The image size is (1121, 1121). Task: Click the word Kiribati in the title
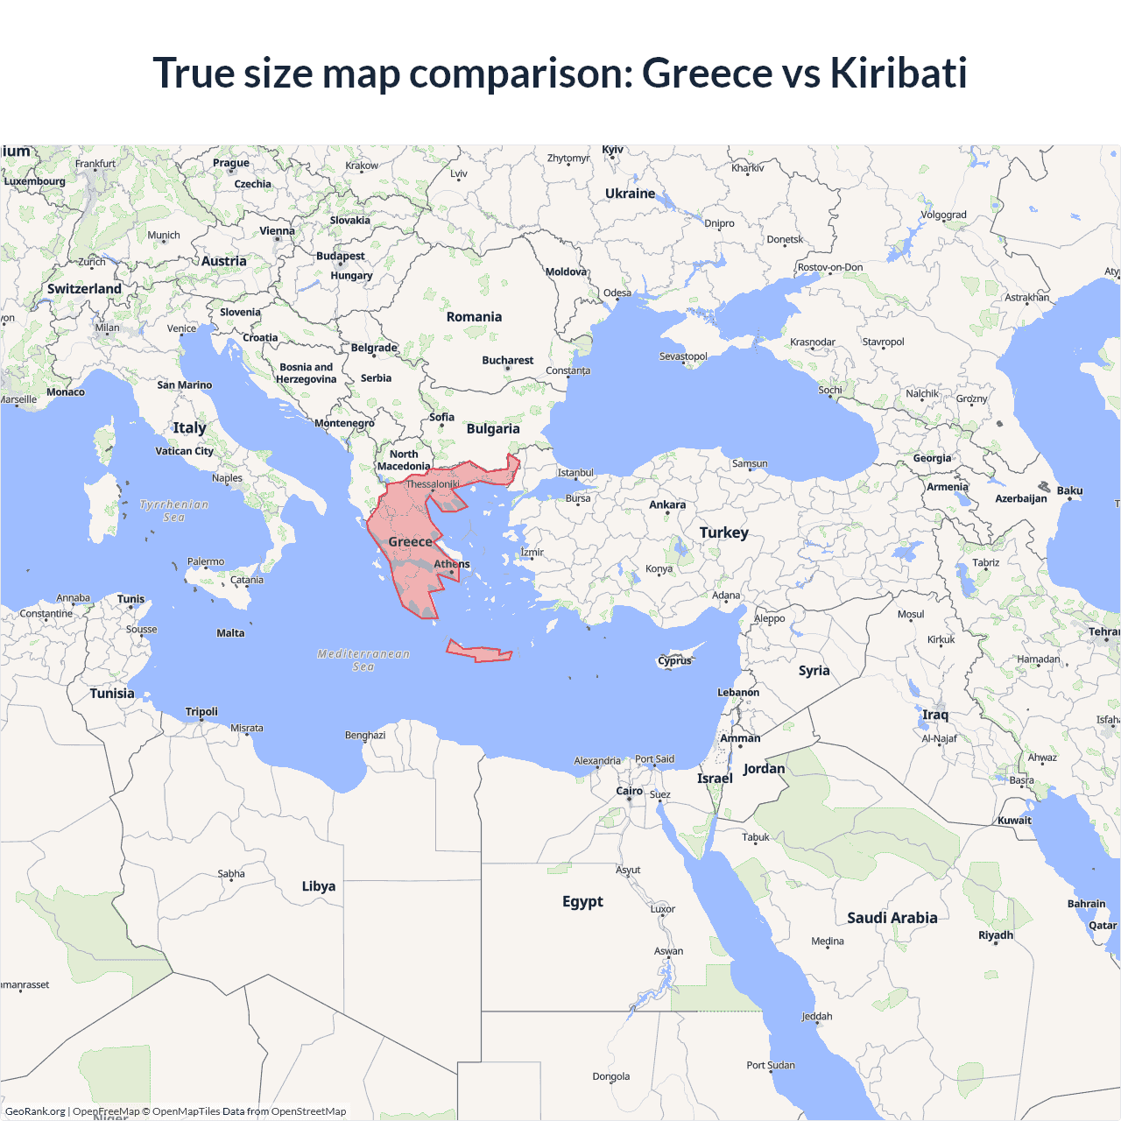[898, 73]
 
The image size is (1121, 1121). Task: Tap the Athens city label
[452, 564]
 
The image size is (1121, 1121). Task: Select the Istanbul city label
[575, 473]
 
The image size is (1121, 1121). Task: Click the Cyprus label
[674, 661]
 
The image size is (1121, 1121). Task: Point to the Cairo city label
[630, 791]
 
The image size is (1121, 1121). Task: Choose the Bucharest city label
[507, 360]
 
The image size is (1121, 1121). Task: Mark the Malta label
[230, 633]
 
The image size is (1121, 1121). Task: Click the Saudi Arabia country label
[892, 918]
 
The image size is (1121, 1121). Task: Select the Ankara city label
[667, 504]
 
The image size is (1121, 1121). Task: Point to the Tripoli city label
[201, 712]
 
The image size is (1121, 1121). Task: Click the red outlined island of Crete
[478, 652]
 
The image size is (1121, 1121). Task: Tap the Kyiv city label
[613, 150]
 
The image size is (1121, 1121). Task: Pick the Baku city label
[1069, 490]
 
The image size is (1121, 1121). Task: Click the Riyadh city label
[996, 935]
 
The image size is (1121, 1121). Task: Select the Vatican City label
[184, 451]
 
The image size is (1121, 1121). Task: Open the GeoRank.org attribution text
[35, 1111]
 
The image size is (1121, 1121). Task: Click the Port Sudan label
[771, 1065]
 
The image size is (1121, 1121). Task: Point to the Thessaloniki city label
[433, 484]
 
